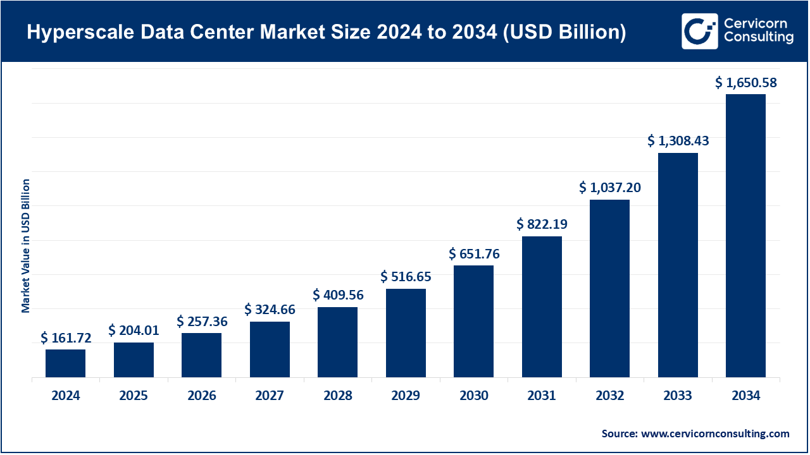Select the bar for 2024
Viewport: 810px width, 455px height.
coord(65,363)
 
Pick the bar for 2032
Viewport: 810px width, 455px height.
coord(609,289)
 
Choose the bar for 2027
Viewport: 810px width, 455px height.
coord(270,349)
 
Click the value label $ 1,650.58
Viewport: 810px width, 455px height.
coord(745,82)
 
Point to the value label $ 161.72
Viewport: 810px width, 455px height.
coord(66,338)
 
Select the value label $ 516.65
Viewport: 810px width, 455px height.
coord(406,277)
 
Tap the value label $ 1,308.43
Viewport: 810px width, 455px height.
coord(678,141)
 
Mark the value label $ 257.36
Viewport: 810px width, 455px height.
coord(202,321)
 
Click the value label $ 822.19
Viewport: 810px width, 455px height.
coord(542,224)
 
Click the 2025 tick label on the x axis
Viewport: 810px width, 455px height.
coord(134,396)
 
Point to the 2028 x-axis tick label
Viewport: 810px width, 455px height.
coord(337,396)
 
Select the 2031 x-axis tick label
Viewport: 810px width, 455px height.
coord(542,396)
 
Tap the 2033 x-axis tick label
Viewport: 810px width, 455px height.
coord(678,396)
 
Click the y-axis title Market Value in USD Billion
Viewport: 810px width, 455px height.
coord(26,246)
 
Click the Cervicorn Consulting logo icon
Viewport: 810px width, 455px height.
coord(699,31)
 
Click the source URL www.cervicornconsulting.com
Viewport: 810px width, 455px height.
coord(715,434)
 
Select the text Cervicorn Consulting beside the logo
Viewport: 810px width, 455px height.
coord(758,31)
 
